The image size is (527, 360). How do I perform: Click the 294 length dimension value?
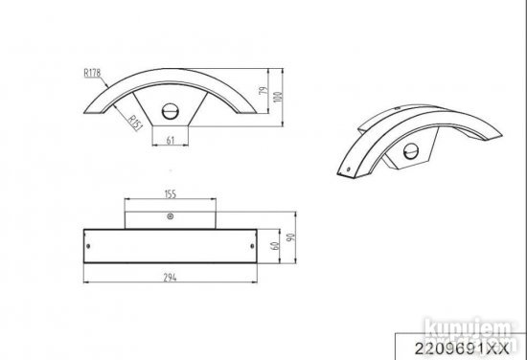pyautogui.click(x=172, y=276)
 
